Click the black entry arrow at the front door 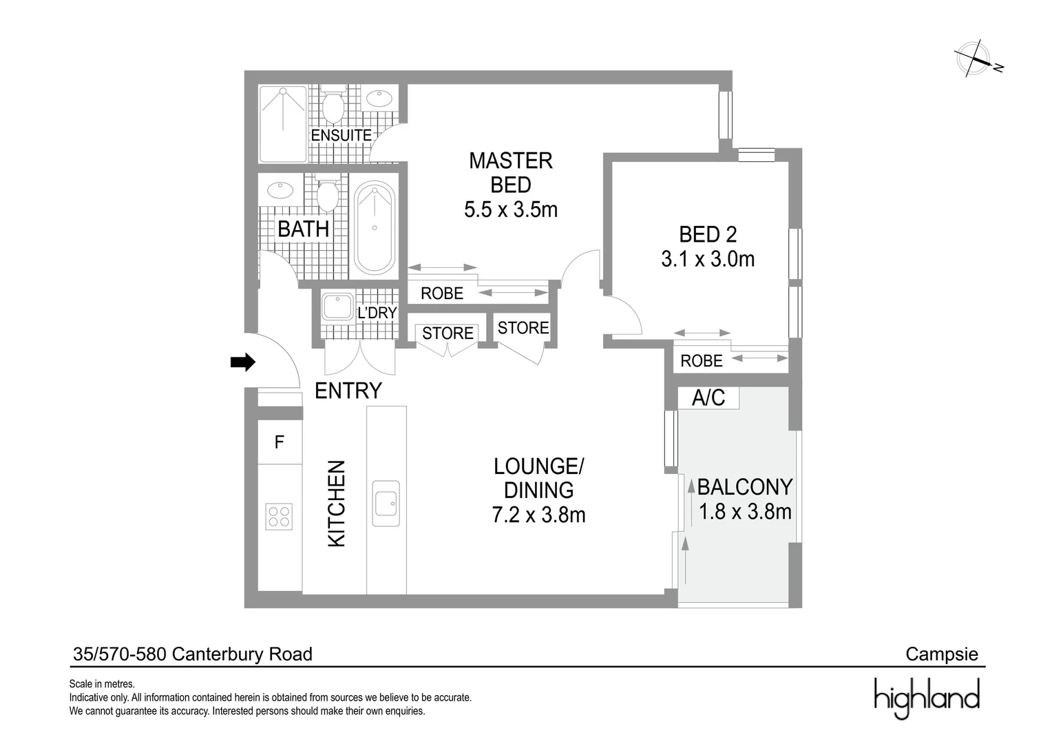click(x=242, y=362)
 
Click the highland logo click(x=927, y=697)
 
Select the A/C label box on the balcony click(x=708, y=397)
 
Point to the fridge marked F click(x=280, y=442)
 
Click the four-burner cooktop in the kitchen click(x=280, y=517)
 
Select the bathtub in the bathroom click(x=375, y=227)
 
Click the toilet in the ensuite click(x=334, y=107)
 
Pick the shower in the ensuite click(x=283, y=123)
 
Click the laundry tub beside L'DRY click(x=337, y=307)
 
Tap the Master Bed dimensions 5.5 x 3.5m click(x=510, y=209)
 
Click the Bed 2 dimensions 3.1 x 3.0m click(x=708, y=260)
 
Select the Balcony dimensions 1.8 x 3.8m click(x=745, y=512)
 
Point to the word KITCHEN click(x=336, y=504)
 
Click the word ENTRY click(x=348, y=391)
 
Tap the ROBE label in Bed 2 click(x=701, y=361)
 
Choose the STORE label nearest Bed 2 click(x=523, y=328)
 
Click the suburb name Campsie click(x=941, y=654)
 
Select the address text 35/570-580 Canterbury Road click(x=193, y=654)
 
